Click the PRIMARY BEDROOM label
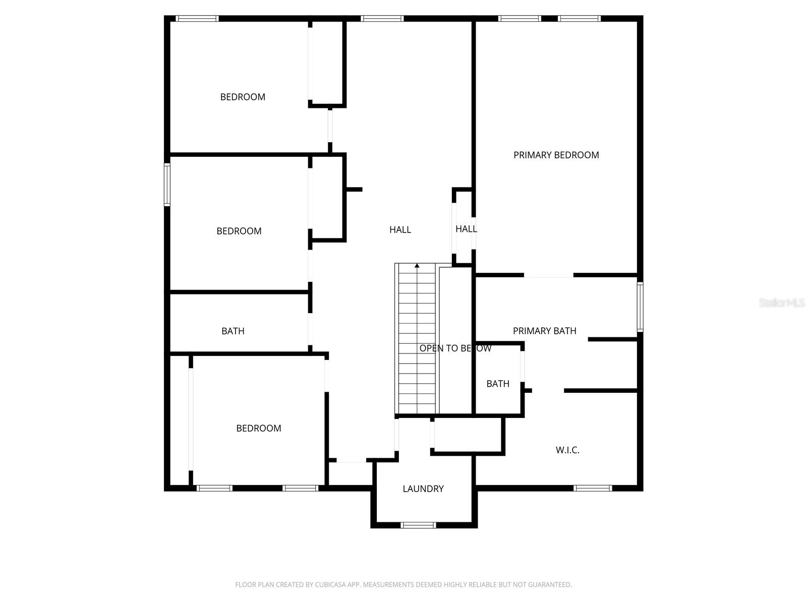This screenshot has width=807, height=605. pos(556,155)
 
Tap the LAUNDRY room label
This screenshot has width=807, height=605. pos(423,489)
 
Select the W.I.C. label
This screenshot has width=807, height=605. pos(567,450)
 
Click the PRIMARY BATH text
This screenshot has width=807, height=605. pos(544,331)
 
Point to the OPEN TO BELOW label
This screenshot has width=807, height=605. pos(455,348)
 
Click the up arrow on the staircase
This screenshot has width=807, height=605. pos(417,265)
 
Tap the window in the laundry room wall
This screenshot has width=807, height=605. pos(418,525)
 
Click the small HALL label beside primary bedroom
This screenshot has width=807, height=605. pos(466,229)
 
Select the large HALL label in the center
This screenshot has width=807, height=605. pos(400,230)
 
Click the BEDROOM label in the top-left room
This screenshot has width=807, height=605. pos(243,97)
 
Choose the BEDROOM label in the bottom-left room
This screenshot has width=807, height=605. pos(259,428)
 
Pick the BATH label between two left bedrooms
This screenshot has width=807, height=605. pos(233,331)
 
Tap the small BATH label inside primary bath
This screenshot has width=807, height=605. pos(498,384)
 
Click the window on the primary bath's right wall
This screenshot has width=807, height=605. pos(640,307)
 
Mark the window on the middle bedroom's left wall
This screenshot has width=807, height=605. pos(167,185)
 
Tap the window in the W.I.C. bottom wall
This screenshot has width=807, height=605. pos(593,488)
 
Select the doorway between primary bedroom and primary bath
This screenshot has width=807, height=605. pos(549,275)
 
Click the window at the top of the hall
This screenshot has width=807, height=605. pos(382,19)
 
